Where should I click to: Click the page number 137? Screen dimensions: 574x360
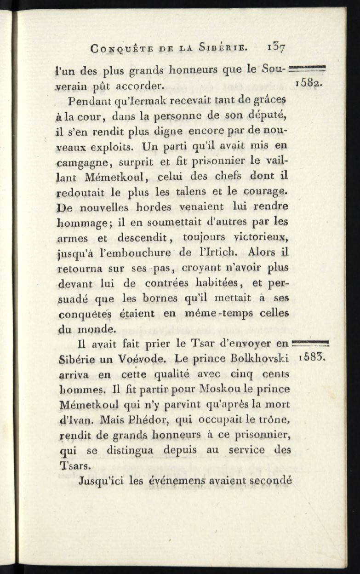point(277,47)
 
